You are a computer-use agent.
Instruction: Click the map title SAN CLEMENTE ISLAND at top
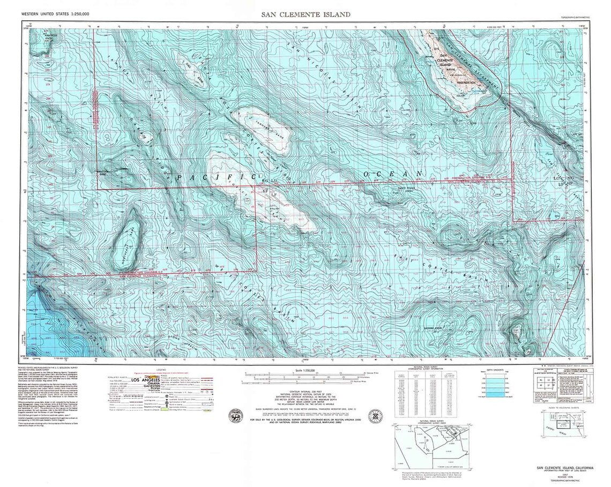(305, 14)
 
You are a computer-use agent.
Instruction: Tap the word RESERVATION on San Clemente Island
(466, 83)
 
